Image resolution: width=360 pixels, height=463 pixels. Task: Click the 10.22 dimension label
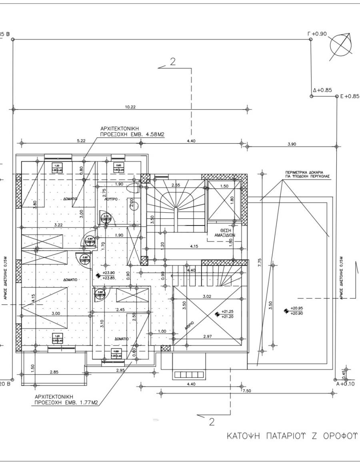coord(130,107)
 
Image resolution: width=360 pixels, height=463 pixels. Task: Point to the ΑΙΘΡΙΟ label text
coord(190,325)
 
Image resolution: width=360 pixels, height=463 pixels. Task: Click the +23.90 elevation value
coord(109,273)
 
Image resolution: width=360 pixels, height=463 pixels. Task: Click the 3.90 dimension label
coord(292,144)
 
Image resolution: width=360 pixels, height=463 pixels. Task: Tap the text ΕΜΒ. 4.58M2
coord(149,136)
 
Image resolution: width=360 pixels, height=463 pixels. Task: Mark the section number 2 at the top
coord(173,62)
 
